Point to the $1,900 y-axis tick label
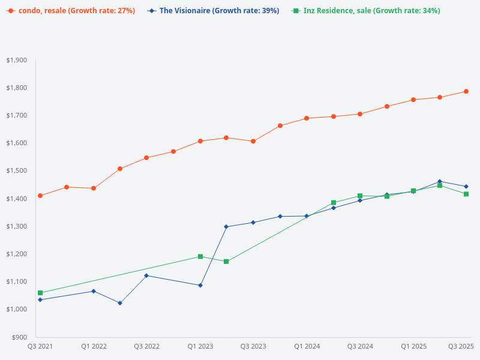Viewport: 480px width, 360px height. (x=17, y=60)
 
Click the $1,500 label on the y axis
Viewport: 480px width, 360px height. (x=17, y=171)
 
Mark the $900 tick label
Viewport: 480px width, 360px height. (x=19, y=337)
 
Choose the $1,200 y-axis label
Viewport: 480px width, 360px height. (x=17, y=254)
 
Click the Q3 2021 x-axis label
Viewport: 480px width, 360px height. (x=40, y=346)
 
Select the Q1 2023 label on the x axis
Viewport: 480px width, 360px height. (x=200, y=346)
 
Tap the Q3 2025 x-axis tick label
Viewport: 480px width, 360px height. (x=461, y=346)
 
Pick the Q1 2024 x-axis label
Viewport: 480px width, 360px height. (x=307, y=346)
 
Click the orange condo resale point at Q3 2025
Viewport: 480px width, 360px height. (x=466, y=92)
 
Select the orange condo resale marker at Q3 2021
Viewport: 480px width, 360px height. (x=40, y=196)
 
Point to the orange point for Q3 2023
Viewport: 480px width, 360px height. (x=253, y=142)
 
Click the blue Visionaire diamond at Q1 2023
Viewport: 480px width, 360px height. (x=200, y=285)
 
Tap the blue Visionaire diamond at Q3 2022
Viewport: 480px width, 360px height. (x=146, y=275)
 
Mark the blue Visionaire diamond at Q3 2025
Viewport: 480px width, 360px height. (x=466, y=187)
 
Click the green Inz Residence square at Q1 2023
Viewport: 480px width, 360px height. (x=200, y=257)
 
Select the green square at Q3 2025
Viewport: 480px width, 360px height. (x=466, y=194)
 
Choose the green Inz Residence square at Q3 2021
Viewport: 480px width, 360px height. (x=40, y=293)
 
